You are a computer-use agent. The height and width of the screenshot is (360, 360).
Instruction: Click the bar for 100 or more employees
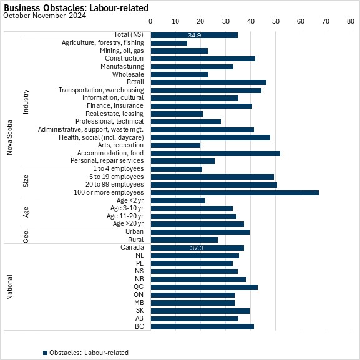pyautogui.click(x=235, y=193)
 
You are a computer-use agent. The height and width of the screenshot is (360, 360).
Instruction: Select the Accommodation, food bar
pyautogui.click(x=215, y=153)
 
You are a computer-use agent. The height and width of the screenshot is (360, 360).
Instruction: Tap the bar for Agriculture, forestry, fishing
pyautogui.click(x=169, y=43)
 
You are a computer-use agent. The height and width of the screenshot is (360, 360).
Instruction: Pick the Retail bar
pyautogui.click(x=208, y=82)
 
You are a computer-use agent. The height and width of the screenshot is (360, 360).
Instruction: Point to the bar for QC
pyautogui.click(x=204, y=287)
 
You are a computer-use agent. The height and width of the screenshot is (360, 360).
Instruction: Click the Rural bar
pyautogui.click(x=184, y=240)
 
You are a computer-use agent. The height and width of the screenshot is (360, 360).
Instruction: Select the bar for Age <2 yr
pyautogui.click(x=178, y=201)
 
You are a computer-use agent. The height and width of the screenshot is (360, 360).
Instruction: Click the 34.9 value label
pyautogui.click(x=194, y=35)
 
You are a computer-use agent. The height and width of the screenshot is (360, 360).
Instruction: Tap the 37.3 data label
pyautogui.click(x=197, y=248)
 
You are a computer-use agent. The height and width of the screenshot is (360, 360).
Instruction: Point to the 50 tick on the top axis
pyautogui.click(x=276, y=21)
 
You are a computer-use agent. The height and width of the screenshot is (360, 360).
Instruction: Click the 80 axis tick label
pyautogui.click(x=351, y=21)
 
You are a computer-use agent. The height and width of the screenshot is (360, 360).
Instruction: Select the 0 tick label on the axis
pyautogui.click(x=150, y=21)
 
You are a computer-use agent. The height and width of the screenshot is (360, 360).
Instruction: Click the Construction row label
pyautogui.click(x=124, y=58)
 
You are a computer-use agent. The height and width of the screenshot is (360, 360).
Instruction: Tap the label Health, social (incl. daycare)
pyautogui.click(x=101, y=137)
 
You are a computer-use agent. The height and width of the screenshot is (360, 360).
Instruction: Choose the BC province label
pyautogui.click(x=139, y=326)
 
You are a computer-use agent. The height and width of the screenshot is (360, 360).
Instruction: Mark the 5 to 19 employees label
pyautogui.click(x=117, y=177)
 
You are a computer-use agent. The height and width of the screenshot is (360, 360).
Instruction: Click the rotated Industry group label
pyautogui.click(x=26, y=102)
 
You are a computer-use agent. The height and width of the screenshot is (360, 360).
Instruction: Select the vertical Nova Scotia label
pyautogui.click(x=9, y=137)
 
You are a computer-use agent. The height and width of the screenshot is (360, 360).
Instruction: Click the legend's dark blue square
pyautogui.click(x=45, y=353)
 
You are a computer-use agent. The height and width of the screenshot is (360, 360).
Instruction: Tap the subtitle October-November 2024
pyautogui.click(x=45, y=16)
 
